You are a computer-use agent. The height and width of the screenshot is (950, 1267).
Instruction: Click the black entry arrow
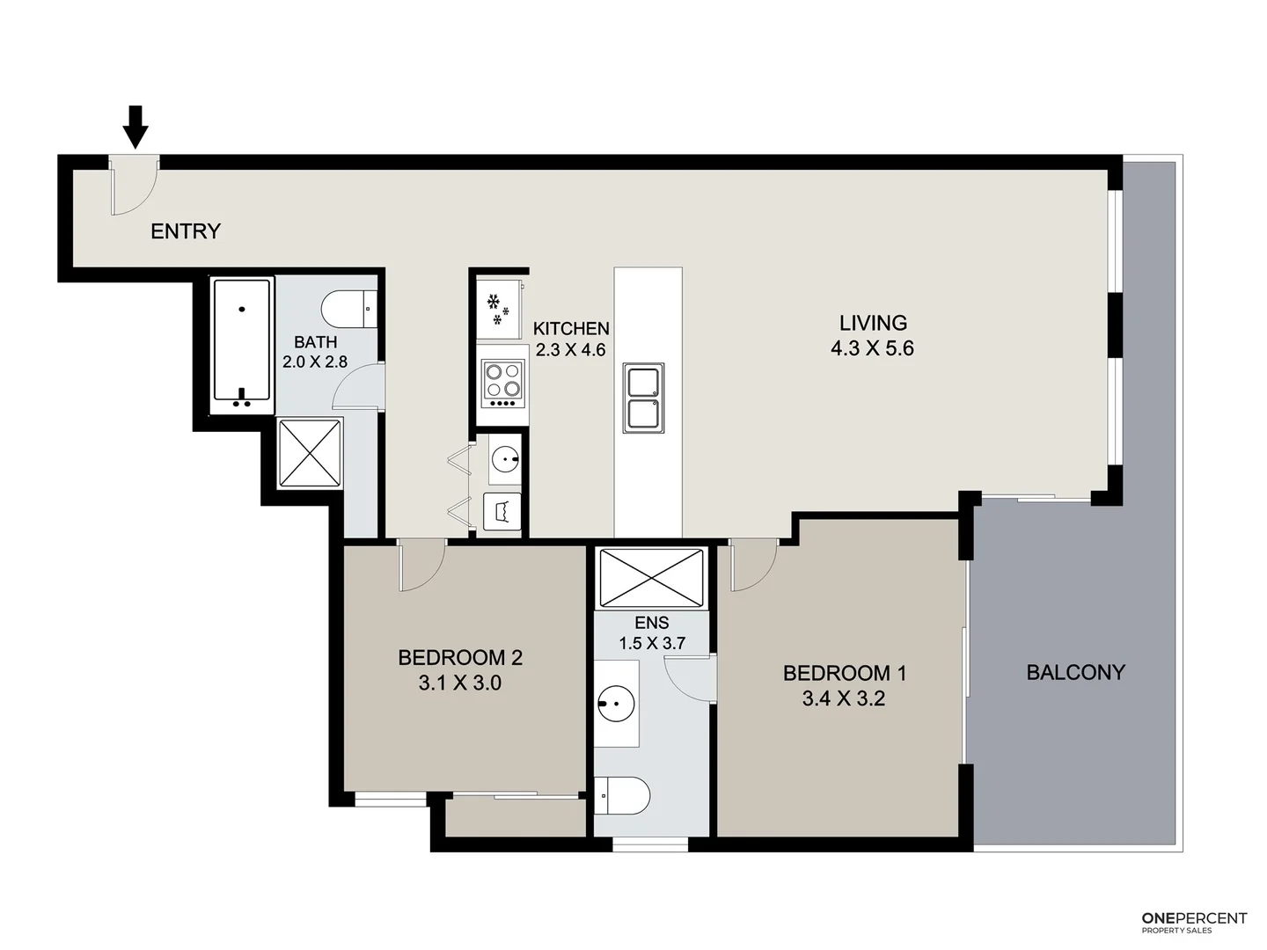click(135, 126)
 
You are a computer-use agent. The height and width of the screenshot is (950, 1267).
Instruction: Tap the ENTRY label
click(185, 231)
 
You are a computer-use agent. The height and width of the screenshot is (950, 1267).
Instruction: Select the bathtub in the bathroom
click(242, 346)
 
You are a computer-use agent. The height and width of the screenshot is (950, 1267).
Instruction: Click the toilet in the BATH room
click(348, 309)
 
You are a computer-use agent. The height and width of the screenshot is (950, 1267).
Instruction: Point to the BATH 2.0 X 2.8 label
click(315, 352)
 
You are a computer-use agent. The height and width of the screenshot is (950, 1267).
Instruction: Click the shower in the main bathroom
click(310, 452)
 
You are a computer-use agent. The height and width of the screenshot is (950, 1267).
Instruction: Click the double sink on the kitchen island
click(643, 398)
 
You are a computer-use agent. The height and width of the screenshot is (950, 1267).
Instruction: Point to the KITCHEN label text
click(571, 329)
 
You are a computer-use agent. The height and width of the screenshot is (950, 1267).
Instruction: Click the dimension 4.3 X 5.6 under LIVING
click(872, 348)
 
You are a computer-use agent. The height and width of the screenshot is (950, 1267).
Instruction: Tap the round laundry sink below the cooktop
click(504, 459)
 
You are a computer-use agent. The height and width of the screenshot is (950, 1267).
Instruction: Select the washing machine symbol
click(502, 511)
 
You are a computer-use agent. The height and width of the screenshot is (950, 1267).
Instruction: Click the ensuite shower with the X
click(651, 578)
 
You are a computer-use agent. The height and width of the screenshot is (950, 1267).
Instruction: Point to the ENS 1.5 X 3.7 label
click(651, 633)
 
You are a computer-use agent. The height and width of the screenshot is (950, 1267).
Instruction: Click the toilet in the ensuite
click(623, 796)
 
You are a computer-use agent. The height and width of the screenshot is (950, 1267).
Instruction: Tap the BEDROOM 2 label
click(460, 657)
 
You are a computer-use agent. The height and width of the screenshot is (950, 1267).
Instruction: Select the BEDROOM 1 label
click(844, 674)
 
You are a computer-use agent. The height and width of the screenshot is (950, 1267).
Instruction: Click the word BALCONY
click(1075, 672)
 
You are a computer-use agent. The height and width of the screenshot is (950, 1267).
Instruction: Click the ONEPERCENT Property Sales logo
click(1194, 922)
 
